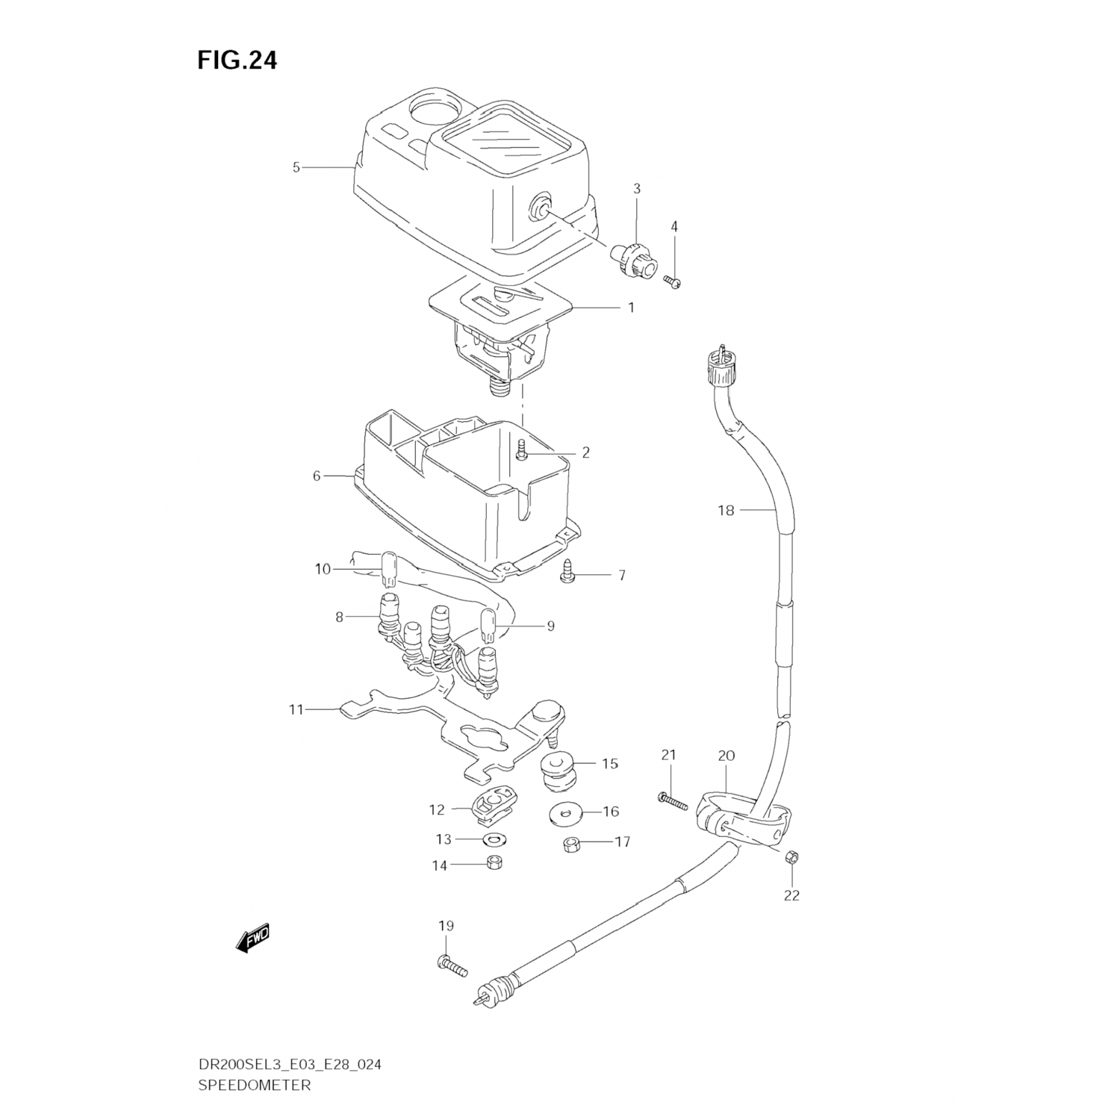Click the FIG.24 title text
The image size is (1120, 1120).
click(x=237, y=60)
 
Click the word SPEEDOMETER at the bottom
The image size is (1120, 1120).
click(x=254, y=1085)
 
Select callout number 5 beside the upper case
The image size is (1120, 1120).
click(x=296, y=168)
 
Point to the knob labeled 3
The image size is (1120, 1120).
click(x=634, y=258)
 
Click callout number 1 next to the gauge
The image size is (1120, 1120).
click(x=631, y=308)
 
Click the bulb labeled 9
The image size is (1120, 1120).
click(x=490, y=625)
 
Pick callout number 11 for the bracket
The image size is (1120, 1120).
click(x=296, y=709)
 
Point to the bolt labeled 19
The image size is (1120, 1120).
click(x=452, y=966)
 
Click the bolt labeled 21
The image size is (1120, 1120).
click(x=673, y=800)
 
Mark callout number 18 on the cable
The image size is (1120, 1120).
click(x=726, y=511)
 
